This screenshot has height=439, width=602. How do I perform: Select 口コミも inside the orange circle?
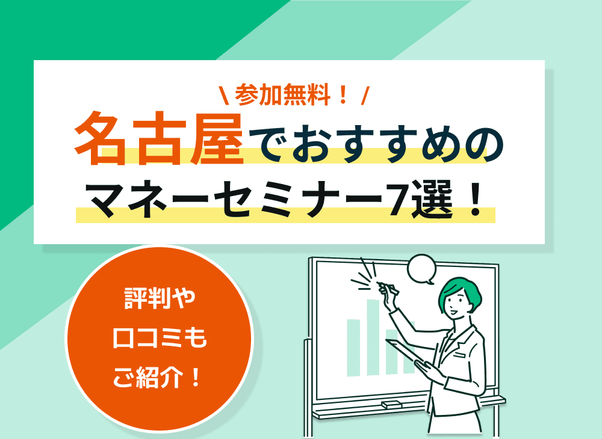160,340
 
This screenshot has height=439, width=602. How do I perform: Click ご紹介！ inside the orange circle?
160,379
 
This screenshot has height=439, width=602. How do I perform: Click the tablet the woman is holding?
406,355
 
